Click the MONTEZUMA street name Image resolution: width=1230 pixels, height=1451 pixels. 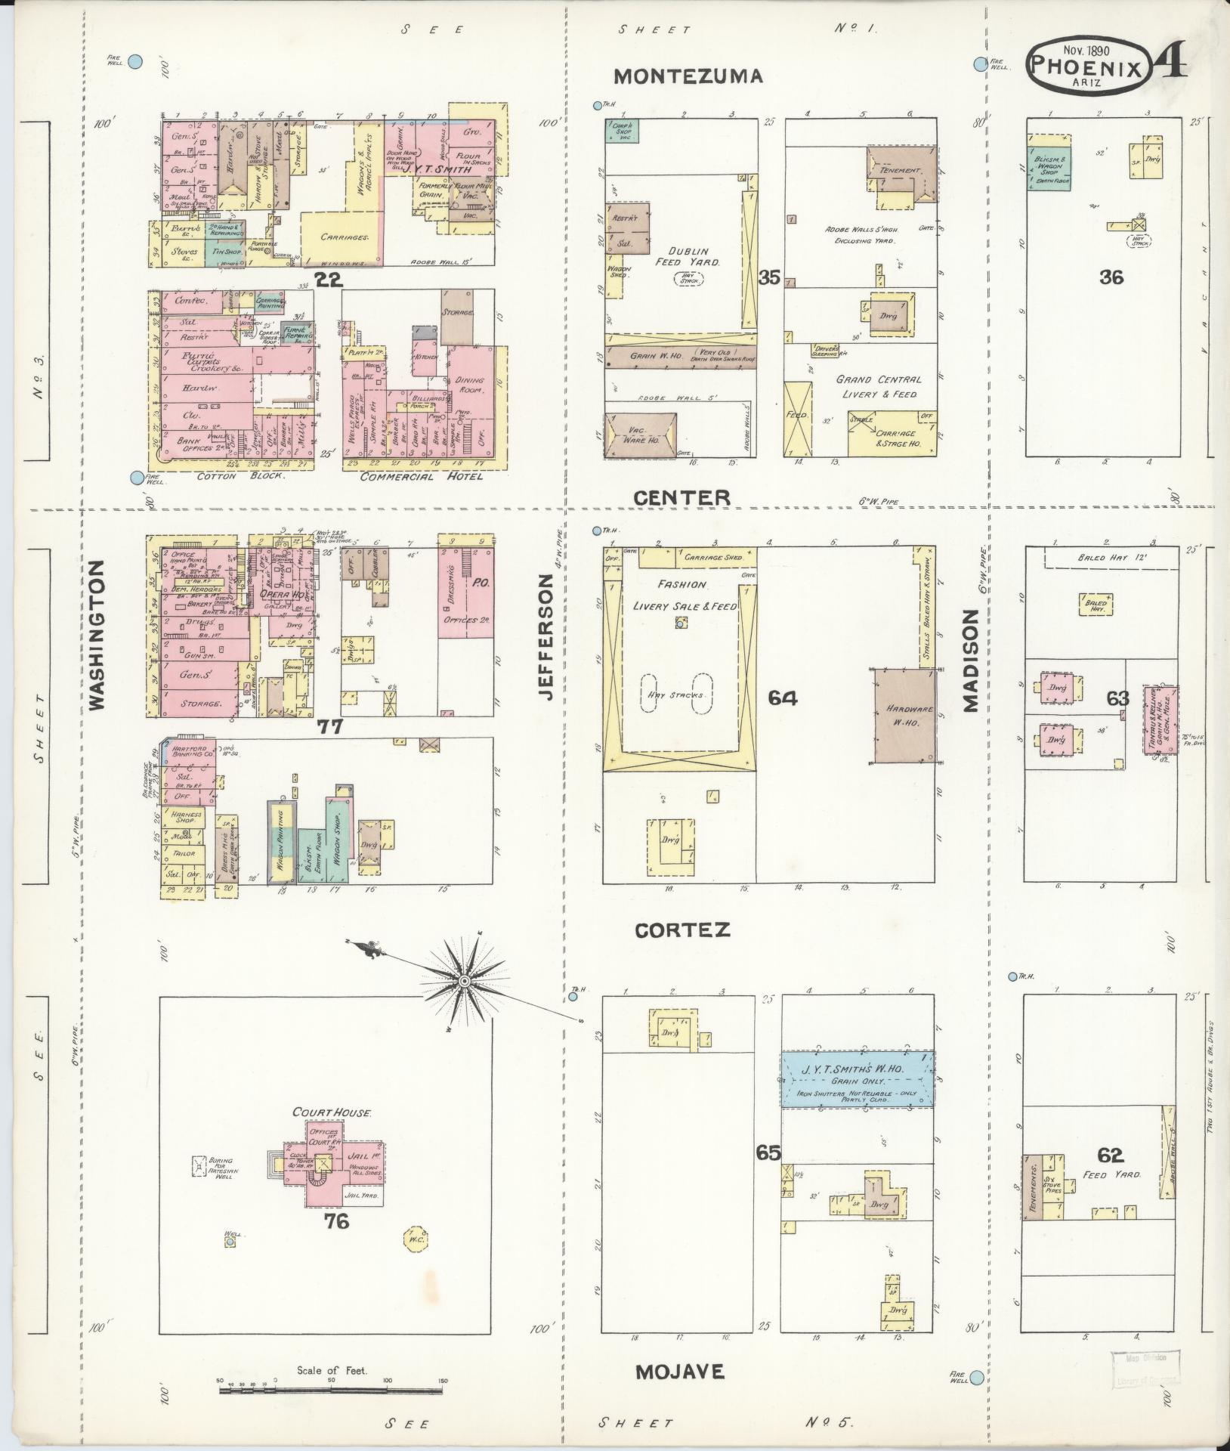point(688,76)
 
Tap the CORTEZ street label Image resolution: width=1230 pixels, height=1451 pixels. point(682,930)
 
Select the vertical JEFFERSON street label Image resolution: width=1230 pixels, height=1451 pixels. point(547,636)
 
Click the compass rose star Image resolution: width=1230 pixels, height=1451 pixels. point(463,981)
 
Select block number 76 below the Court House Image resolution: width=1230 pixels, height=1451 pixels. point(336,1221)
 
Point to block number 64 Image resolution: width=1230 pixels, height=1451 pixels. point(783,698)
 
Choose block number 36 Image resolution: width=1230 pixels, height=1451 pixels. point(1111,277)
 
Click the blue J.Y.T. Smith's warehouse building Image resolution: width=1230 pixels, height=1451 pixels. point(855,1078)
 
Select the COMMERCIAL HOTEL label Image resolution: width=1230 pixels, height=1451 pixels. point(421,477)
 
